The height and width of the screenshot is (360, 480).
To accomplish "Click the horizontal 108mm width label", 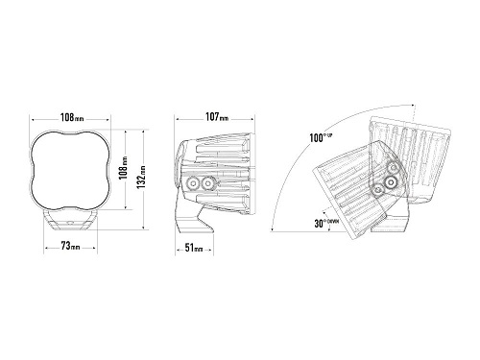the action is tap(72, 118).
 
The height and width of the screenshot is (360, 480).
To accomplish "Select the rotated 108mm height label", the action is tap(124, 168).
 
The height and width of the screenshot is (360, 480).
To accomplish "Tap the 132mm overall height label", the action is tap(142, 177).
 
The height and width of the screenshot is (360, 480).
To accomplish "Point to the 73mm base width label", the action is tap(70, 246).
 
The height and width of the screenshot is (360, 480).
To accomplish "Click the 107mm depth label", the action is tap(217, 117).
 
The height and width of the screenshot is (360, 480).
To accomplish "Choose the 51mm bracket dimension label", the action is tap(194, 248).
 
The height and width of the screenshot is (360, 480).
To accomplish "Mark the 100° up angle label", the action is tap(321, 137).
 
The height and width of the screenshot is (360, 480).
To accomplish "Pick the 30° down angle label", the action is tap(326, 223).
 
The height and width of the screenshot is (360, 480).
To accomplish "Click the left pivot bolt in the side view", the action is tap(193, 183).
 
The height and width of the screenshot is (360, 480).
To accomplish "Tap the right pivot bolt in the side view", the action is tap(208, 183).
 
